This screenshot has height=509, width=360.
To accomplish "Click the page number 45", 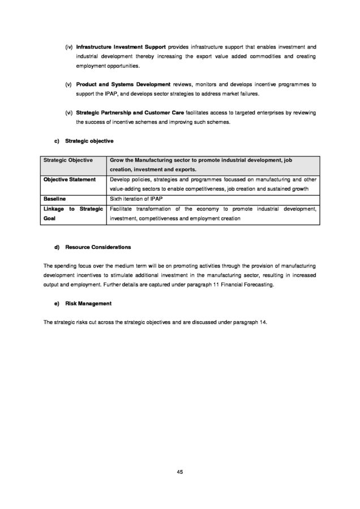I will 179,472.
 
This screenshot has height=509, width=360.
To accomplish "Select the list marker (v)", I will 68,84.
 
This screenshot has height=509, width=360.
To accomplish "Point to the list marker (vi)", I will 68,112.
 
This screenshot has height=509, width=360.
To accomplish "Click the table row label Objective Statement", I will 69,179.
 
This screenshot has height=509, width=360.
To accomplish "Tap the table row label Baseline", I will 54,199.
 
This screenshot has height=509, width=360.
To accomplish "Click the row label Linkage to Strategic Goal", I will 72,213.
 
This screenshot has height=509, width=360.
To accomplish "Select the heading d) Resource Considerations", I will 92,247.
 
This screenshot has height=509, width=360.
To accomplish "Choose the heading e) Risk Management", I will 83,304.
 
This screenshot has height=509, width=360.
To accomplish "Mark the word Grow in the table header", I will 116,160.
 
